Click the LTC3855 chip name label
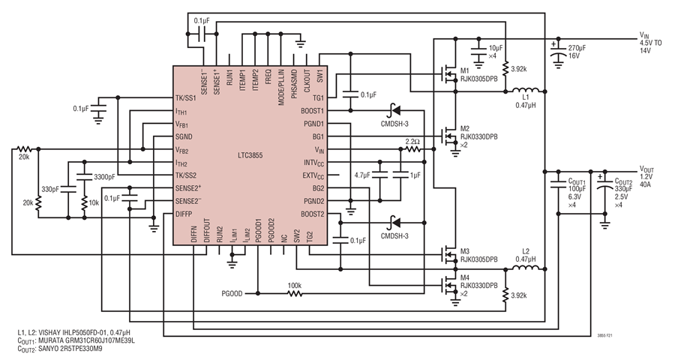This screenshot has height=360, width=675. (x=250, y=155)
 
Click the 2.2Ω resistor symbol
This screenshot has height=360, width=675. (x=412, y=149)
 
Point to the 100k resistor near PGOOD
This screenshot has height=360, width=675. (x=295, y=294)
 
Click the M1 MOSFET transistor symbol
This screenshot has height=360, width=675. (x=448, y=76)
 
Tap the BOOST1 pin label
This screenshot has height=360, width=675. (x=313, y=111)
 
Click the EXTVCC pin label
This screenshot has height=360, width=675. (x=313, y=175)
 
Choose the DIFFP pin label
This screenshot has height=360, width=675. (x=184, y=214)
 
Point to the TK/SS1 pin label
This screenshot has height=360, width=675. (x=185, y=98)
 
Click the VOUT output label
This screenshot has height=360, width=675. (x=646, y=169)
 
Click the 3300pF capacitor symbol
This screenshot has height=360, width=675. (x=84, y=176)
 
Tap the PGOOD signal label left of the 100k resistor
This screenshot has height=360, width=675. (x=232, y=294)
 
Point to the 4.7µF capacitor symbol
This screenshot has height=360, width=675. (x=379, y=175)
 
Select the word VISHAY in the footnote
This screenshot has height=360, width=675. (x=49, y=332)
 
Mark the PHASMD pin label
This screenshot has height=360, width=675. (x=295, y=81)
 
